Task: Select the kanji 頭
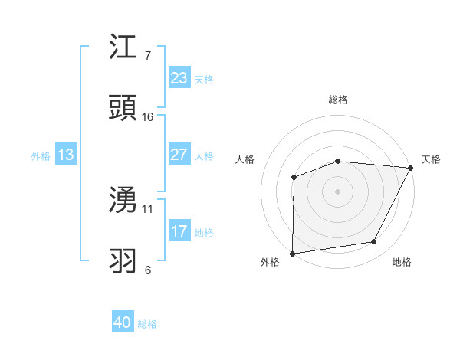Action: tap(123, 108)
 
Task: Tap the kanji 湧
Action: tap(123, 200)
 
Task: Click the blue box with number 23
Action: tap(179, 78)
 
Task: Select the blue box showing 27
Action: tap(179, 155)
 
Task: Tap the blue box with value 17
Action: tap(179, 231)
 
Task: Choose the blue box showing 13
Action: tap(66, 155)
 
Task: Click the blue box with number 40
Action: tap(123, 322)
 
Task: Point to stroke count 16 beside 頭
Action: tap(148, 116)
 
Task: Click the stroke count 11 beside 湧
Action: tap(148, 208)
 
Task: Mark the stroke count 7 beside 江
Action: tap(148, 55)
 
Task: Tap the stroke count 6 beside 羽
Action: tap(148, 270)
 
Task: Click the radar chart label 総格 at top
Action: tap(338, 100)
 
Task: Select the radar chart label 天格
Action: tap(431, 159)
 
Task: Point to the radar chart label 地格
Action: tap(402, 262)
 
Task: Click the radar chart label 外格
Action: tap(270, 262)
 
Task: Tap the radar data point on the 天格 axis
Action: tap(411, 168)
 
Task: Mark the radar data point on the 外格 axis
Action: tap(292, 254)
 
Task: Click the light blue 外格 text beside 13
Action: tap(41, 155)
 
